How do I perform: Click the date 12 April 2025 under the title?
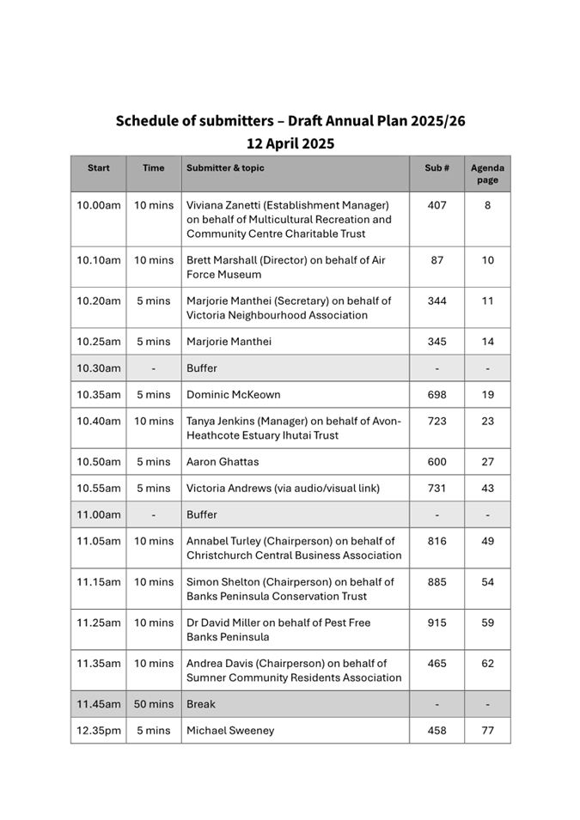coord(290,143)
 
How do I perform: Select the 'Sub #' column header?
coord(437,168)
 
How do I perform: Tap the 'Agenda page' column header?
coord(487,173)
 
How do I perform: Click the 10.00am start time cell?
coord(99,205)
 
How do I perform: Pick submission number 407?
coord(437,205)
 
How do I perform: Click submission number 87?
coord(437,260)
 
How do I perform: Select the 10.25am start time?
coord(99,342)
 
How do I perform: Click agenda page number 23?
coord(487,422)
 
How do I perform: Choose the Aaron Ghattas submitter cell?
coord(223,462)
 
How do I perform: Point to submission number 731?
coord(437,489)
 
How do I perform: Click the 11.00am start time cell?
coord(99,515)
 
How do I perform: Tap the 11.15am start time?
coord(99,582)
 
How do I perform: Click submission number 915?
coord(437,623)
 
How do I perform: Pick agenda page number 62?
coord(487,664)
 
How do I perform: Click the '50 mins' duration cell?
coord(154,704)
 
